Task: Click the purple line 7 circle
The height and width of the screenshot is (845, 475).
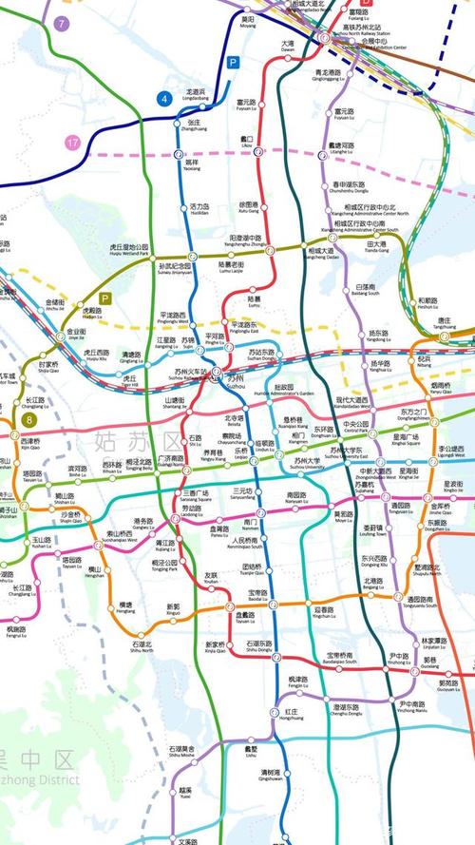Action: point(63,23)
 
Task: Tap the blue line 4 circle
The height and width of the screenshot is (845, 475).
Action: point(165,98)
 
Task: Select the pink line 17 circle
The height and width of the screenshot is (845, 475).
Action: point(73,144)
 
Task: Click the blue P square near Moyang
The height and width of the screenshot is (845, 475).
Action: point(231,62)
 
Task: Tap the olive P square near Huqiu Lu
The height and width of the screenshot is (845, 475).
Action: point(106,298)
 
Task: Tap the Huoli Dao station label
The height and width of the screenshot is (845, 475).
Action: point(199,209)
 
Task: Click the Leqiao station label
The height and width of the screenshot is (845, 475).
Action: point(241,456)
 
